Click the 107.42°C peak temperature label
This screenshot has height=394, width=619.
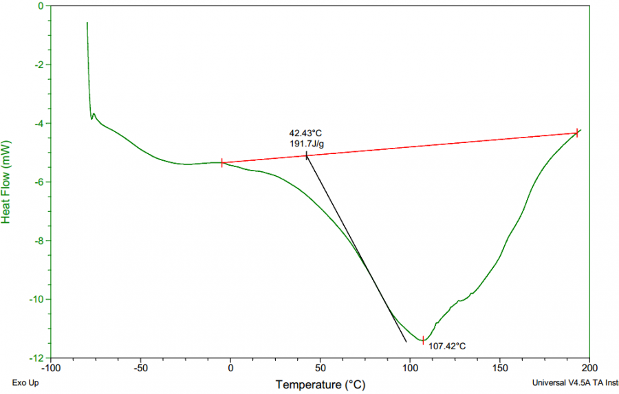447,346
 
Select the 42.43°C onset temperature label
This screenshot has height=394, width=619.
305,133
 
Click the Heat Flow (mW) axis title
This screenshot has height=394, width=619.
6,182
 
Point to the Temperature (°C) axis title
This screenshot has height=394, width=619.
321,384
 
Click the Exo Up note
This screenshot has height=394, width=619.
24,383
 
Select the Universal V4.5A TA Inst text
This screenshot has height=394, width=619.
575,383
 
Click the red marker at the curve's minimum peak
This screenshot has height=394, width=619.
423,340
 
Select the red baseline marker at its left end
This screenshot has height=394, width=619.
222,163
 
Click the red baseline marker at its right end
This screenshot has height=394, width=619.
576,133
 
